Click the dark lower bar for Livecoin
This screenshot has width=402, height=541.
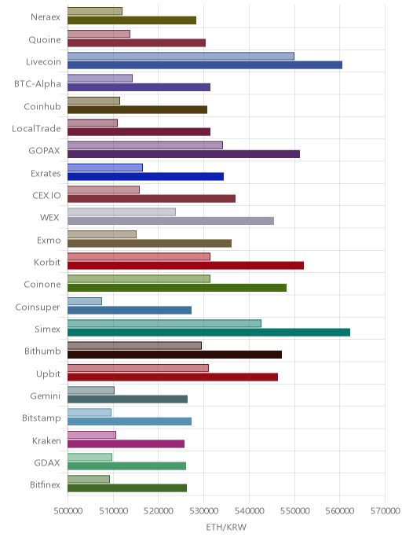(205, 64)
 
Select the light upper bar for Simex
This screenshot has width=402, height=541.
(164, 323)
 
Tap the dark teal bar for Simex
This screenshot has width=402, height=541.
(209, 333)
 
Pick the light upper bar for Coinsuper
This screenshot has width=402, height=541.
(85, 301)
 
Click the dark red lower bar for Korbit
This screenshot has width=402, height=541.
(185, 265)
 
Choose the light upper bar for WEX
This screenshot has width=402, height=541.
(122, 212)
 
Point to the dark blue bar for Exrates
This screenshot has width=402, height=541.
(146, 176)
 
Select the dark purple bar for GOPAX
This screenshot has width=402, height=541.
(184, 154)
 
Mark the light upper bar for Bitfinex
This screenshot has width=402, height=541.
(89, 479)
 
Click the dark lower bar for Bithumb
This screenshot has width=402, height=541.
(174, 355)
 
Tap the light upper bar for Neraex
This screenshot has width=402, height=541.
(95, 11)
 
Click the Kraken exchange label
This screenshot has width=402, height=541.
(46, 440)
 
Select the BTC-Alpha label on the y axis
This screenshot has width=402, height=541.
(38, 84)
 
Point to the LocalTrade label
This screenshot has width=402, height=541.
(36, 128)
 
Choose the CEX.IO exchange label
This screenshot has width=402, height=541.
(46, 195)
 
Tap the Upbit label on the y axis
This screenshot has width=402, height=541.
(48, 374)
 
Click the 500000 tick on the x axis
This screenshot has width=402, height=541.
(68, 510)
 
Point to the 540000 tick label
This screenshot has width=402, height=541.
(250, 510)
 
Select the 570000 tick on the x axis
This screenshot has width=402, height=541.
(386, 510)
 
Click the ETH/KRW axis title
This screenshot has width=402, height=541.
(226, 527)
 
